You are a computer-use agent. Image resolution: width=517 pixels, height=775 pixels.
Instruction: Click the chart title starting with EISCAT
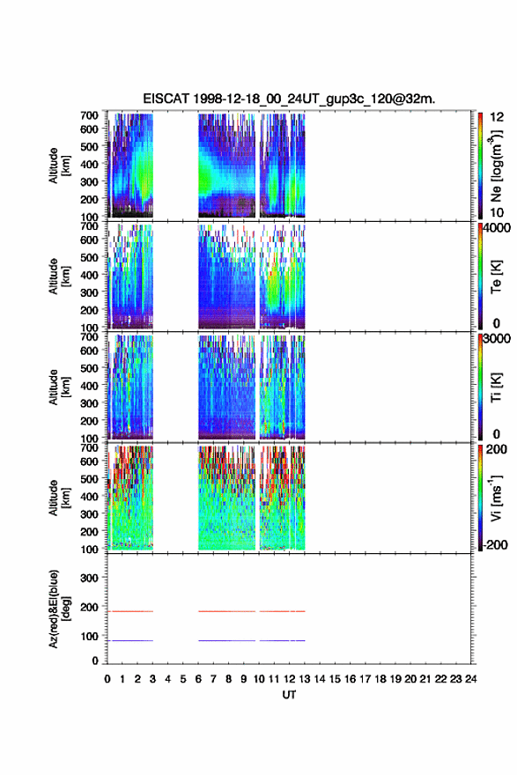pos(289,99)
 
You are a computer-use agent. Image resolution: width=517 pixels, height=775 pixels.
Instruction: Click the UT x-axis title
pos(289,695)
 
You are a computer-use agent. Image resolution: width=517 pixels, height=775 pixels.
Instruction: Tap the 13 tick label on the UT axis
pos(305,679)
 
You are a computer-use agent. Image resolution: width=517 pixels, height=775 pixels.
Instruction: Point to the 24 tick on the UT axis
pos(470,679)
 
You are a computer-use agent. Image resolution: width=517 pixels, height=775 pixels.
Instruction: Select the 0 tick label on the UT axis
pos(107,679)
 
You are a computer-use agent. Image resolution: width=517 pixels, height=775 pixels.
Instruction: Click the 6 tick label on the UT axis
pos(198,679)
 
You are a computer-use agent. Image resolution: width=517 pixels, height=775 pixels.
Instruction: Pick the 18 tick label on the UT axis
pos(380,679)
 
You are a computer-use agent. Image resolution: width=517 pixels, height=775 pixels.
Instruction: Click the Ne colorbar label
pos(496,166)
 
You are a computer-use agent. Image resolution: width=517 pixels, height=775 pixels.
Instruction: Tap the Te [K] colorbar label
pos(496,277)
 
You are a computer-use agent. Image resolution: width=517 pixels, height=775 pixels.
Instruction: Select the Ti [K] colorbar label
pos(496,387)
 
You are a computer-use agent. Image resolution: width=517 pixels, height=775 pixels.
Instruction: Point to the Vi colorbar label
pos(496,498)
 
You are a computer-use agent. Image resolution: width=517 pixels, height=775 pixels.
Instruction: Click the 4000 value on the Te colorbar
pos(498,228)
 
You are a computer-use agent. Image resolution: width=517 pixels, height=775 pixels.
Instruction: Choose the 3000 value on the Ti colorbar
pos(498,338)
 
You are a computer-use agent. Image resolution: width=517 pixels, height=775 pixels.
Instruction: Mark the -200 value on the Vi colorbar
pos(493,544)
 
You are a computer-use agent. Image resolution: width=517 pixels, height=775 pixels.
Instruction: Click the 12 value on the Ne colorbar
pos(497,117)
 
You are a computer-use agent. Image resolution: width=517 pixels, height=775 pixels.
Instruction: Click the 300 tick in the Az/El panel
pos(89,578)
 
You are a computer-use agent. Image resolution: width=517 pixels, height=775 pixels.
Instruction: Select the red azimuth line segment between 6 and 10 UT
pos(227,611)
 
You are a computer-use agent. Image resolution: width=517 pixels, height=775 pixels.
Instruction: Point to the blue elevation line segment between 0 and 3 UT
pos(130,640)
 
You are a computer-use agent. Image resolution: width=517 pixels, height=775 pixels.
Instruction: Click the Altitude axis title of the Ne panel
pos(60,165)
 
